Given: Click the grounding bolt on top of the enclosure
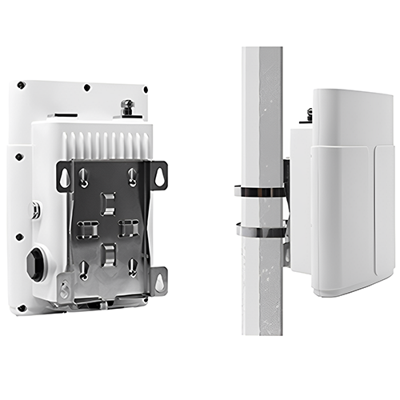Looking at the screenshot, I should pyautogui.click(x=126, y=106).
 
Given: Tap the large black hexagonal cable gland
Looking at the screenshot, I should pyautogui.click(x=35, y=264).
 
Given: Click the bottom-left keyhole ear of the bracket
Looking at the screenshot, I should pyautogui.click(x=65, y=286).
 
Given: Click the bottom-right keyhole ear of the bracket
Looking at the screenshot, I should pyautogui.click(x=160, y=280).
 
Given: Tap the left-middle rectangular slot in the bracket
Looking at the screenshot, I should pyautogui.click(x=88, y=229).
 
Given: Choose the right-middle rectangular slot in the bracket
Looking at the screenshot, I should pyautogui.click(x=129, y=227).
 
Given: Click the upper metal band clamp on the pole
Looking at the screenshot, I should pyautogui.click(x=260, y=191).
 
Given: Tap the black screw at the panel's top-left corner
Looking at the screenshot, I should pyautogui.click(x=22, y=85).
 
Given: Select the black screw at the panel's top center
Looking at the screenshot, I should pyautogui.click(x=86, y=87).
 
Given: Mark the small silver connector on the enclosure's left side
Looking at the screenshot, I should pyautogui.click(x=35, y=210).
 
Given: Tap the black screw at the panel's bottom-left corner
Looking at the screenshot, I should pyautogui.click(x=22, y=307).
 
